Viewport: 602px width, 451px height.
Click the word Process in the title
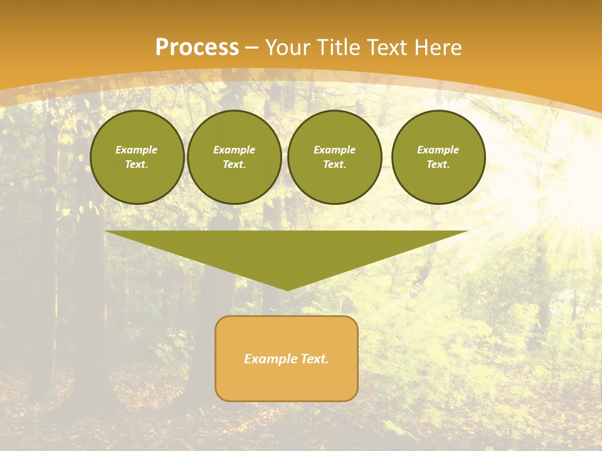point(197,48)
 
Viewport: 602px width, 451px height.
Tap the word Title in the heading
point(339,48)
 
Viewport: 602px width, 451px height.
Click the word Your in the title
point(288,48)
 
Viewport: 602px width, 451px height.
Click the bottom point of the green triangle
point(287,289)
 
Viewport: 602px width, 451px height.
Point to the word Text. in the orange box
point(314,359)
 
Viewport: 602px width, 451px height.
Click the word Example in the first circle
point(137,150)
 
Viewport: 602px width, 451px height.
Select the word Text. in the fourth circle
point(438,164)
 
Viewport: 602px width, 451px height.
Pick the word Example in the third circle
point(335,150)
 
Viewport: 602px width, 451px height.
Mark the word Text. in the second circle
point(235,164)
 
